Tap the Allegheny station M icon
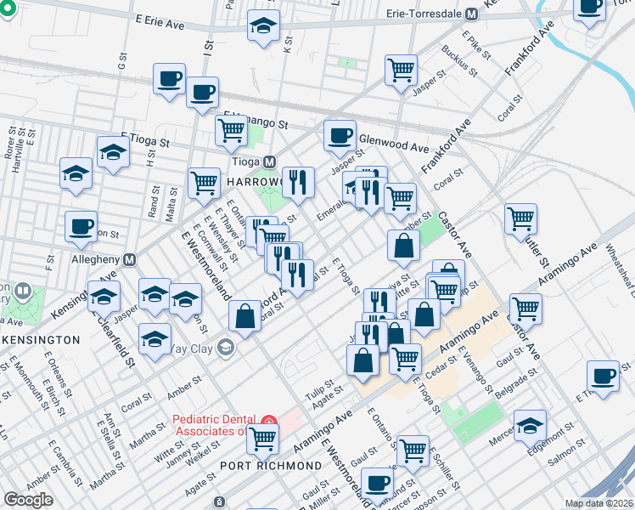pyautogui.click(x=130, y=259)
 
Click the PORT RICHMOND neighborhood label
pyautogui.click(x=271, y=466)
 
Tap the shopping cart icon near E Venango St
pyautogui.click(x=231, y=130)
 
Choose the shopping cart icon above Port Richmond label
pyautogui.click(x=263, y=438)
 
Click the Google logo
pyautogui.click(x=28, y=500)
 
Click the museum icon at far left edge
pyautogui.click(x=23, y=293)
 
